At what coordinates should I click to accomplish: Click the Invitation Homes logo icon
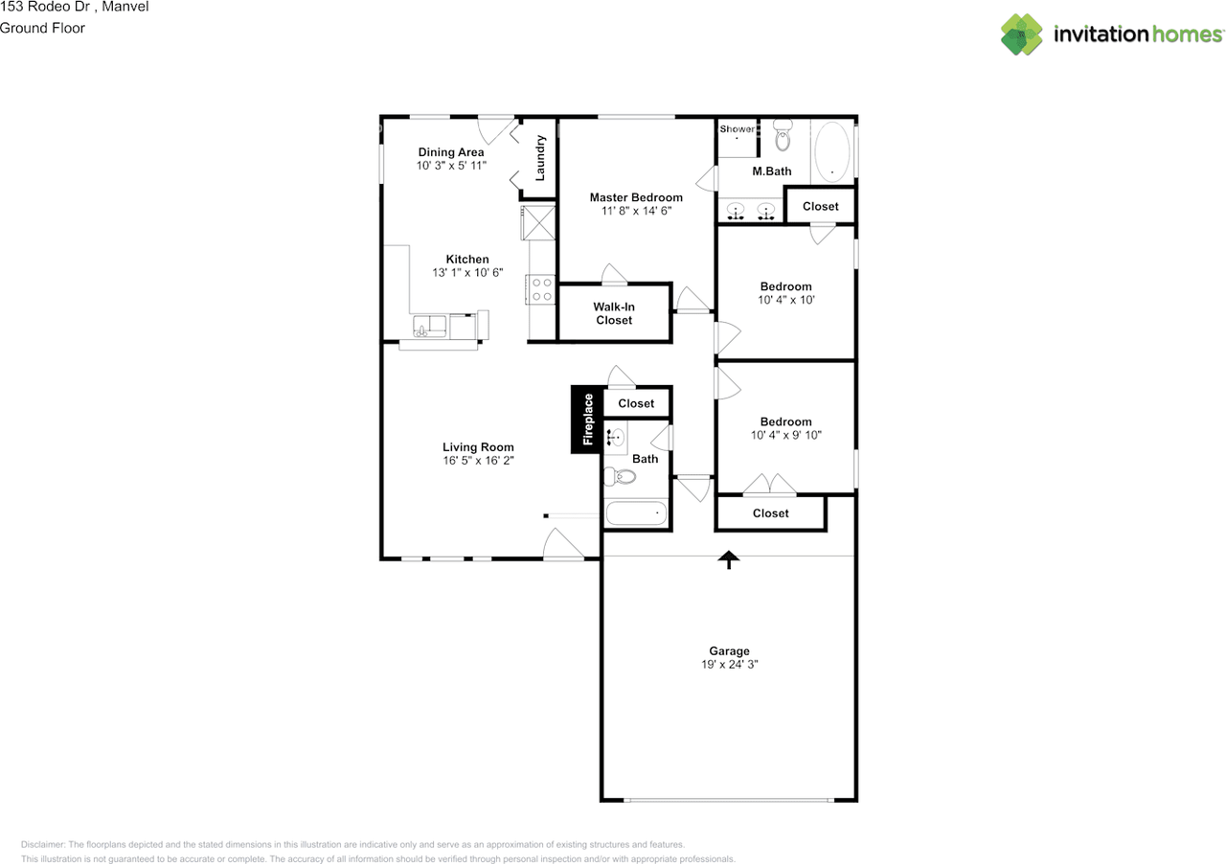(1022, 34)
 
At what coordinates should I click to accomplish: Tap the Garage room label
(729, 651)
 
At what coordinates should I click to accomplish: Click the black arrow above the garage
(730, 559)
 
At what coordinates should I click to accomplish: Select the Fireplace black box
(587, 419)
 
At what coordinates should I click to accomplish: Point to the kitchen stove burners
(541, 289)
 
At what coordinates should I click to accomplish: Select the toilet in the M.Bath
(783, 136)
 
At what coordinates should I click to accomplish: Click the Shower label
(737, 128)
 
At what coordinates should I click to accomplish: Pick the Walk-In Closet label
(614, 313)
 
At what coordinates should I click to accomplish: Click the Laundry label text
(540, 158)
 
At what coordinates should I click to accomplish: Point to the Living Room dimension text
(478, 461)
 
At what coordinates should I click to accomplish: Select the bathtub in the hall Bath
(635, 514)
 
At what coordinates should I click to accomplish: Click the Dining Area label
(451, 151)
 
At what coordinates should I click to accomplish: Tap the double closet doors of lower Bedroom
(770, 487)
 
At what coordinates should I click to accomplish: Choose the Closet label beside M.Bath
(820, 206)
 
